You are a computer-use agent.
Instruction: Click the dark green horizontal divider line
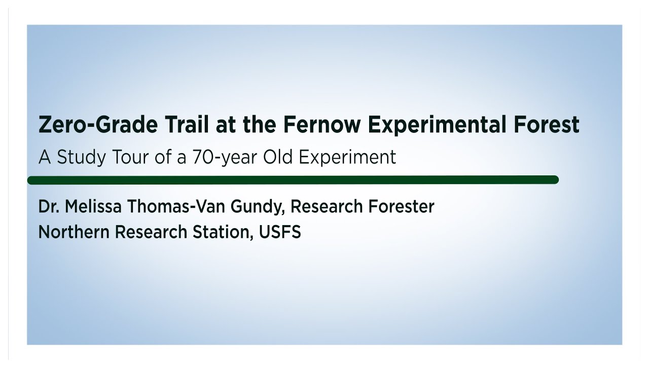coord(293,179)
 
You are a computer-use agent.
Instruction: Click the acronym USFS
coord(280,232)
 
